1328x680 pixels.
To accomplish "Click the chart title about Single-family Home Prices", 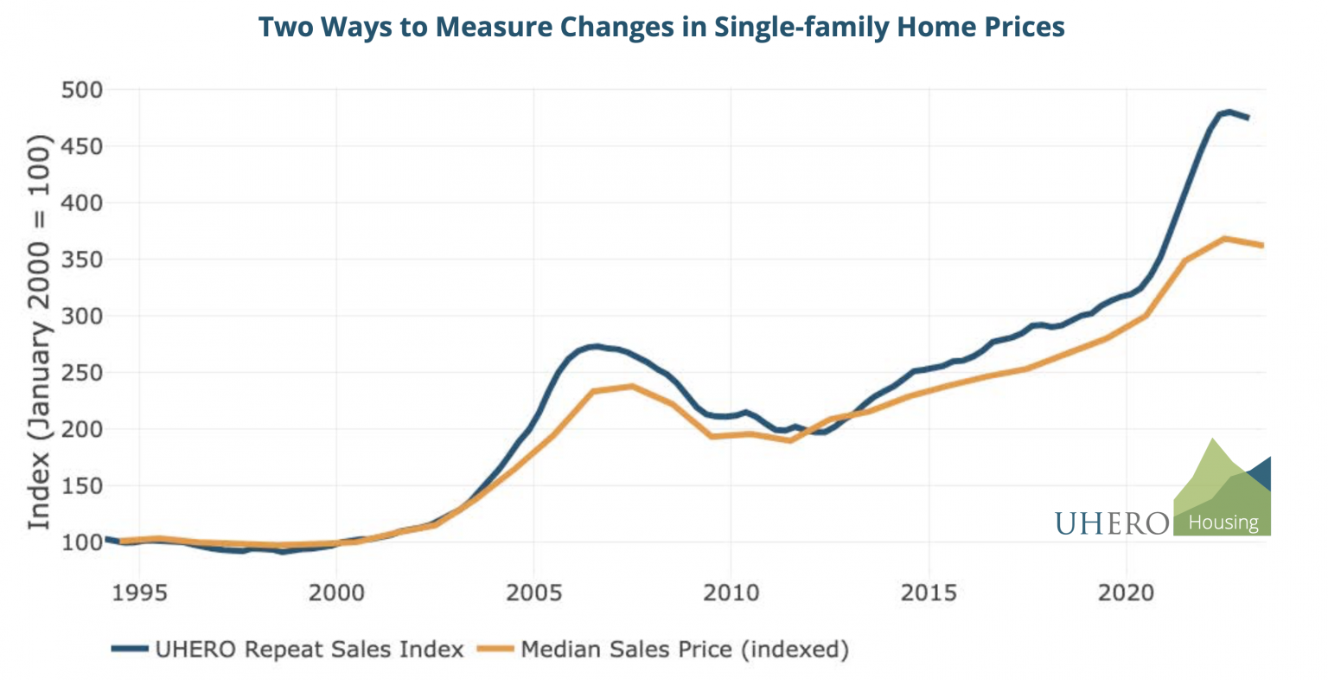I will pyautogui.click(x=661, y=27).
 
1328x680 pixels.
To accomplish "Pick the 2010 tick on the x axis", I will pyautogui.click(x=731, y=593).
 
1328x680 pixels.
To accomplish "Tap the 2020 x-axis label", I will pyautogui.click(x=1126, y=593).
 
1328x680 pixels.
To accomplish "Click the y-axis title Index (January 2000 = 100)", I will pyautogui.click(x=39, y=332).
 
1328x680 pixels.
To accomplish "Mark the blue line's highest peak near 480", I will pyautogui.click(x=1229, y=112).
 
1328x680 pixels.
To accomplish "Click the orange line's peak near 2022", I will pyautogui.click(x=1224, y=238).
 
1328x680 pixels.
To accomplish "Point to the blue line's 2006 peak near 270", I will pyautogui.click(x=596, y=347).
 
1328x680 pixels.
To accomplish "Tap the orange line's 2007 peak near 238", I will pyautogui.click(x=632, y=386).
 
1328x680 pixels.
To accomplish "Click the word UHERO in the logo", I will pyautogui.click(x=1112, y=523).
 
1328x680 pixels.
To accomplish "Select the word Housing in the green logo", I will pyautogui.click(x=1223, y=523).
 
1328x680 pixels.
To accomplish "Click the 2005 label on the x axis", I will pyautogui.click(x=534, y=593).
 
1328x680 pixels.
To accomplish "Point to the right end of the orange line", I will pyautogui.click(x=1262, y=246).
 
